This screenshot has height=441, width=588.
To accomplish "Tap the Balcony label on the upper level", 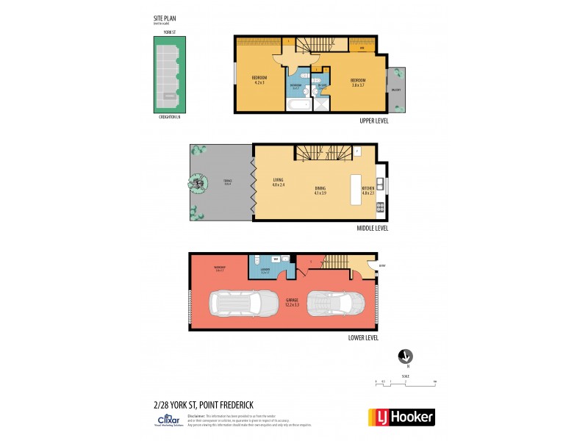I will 396,89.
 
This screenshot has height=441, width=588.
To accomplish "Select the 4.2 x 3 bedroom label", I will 259,80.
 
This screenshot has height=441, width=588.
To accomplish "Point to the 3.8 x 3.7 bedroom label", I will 358,82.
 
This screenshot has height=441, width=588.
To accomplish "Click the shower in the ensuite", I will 322,104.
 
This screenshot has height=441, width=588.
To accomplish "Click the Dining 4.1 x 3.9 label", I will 320,190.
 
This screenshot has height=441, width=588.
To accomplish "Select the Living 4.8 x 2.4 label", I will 279,182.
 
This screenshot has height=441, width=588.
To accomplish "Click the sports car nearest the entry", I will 334,302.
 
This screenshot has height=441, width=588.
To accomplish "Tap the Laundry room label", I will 265,270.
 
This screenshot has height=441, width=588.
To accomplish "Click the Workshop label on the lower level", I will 219,268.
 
